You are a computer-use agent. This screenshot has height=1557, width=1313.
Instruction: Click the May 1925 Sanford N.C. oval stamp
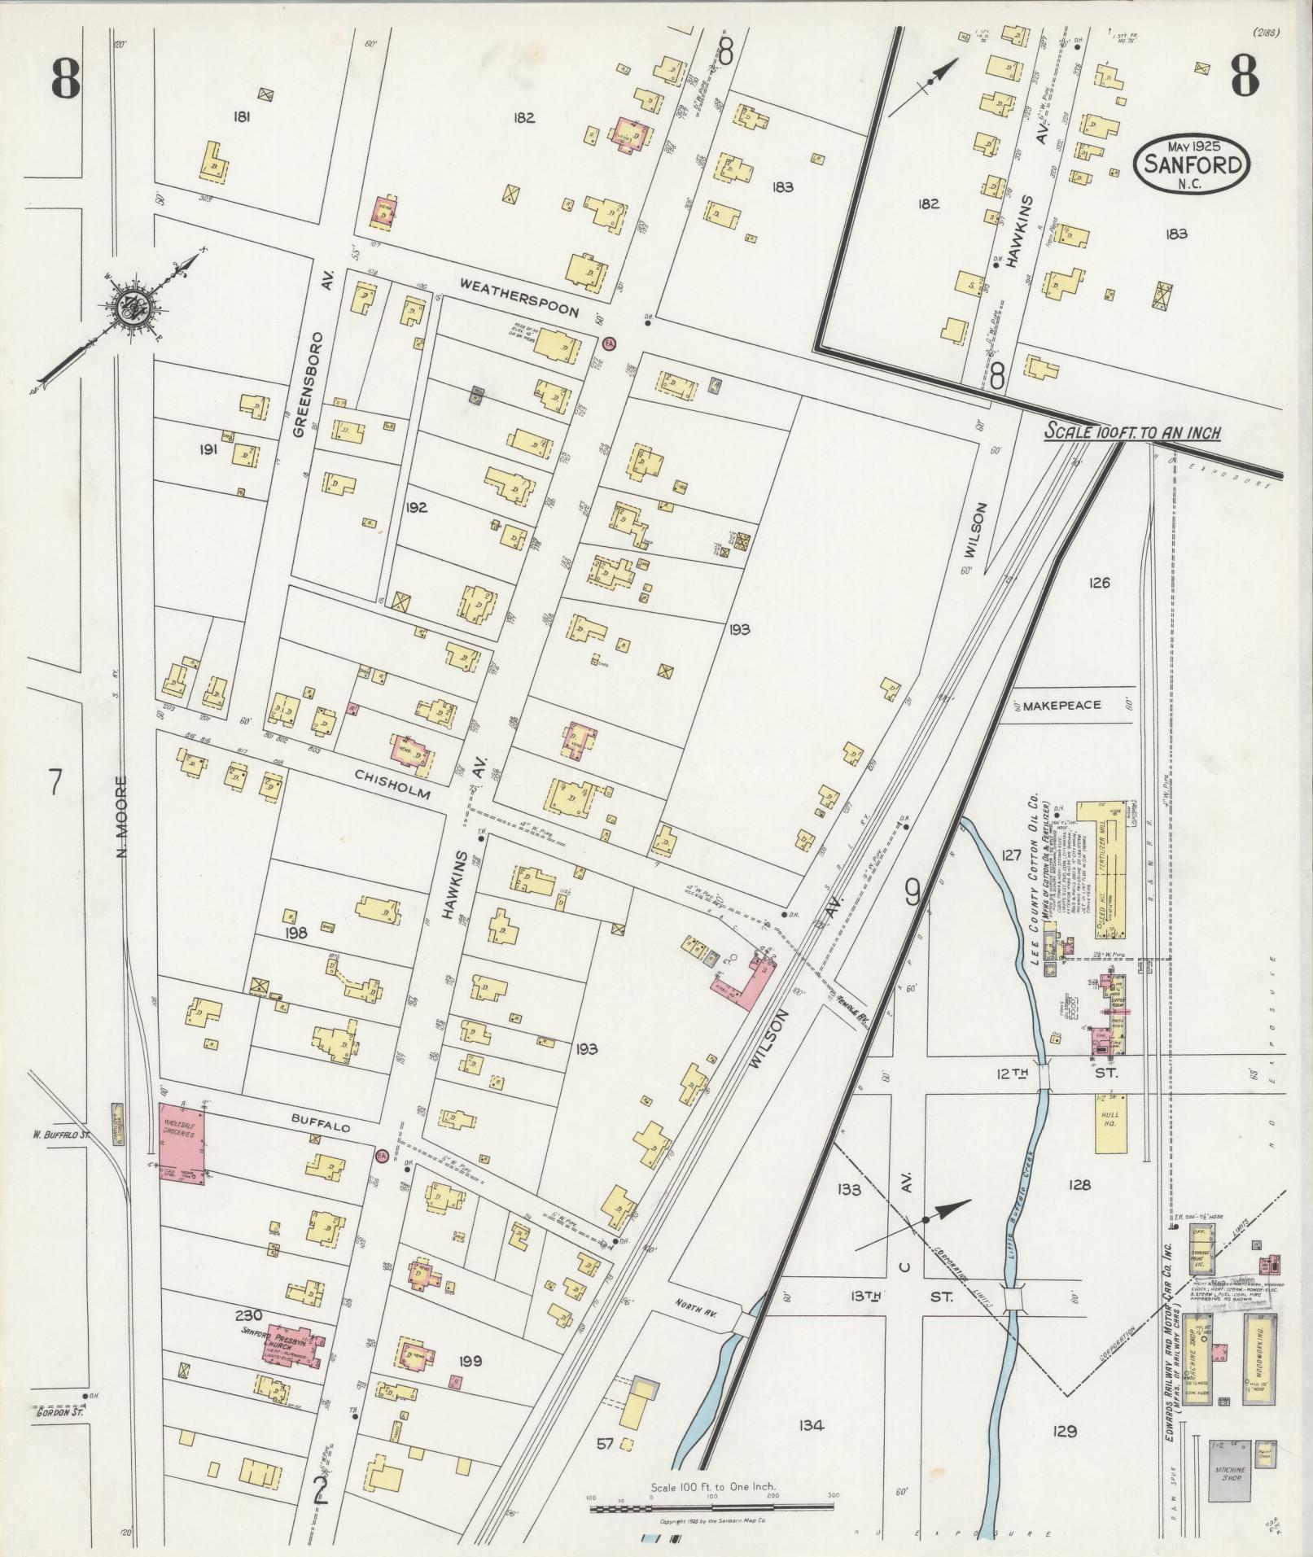pos(1191,164)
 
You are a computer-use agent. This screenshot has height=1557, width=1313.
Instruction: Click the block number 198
pos(295,934)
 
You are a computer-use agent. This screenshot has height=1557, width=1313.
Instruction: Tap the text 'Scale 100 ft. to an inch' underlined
pos(1133,432)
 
